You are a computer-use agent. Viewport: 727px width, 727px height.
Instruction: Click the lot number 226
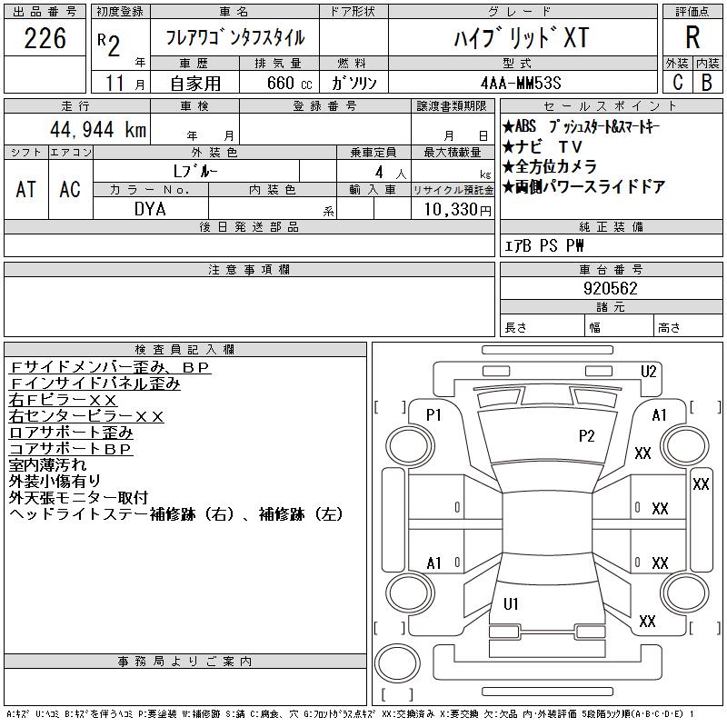[45, 38]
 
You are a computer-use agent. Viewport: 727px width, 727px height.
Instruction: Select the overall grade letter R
[692, 37]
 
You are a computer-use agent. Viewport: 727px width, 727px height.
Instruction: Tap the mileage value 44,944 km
[98, 129]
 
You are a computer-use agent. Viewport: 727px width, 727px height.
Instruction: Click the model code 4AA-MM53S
[521, 83]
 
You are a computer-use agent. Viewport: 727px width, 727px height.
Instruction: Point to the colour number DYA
[150, 209]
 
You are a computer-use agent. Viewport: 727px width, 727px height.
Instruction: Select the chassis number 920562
[611, 288]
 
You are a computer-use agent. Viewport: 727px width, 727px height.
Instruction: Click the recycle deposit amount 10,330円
[458, 210]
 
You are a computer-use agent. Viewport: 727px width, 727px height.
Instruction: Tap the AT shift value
[26, 189]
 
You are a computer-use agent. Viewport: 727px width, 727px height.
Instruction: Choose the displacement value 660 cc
[289, 83]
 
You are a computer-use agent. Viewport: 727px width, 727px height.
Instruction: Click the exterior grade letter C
[678, 83]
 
